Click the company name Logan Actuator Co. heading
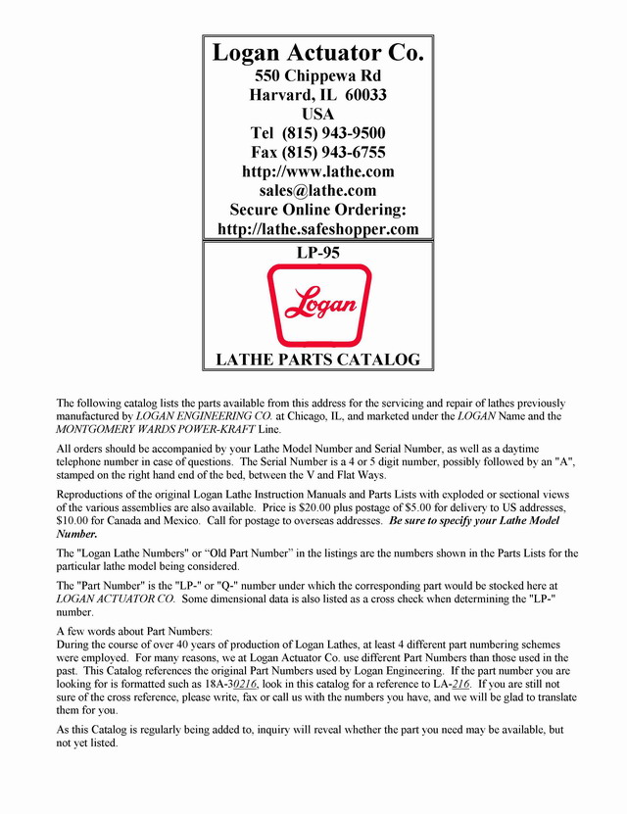tap(317, 53)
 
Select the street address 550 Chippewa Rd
tap(317, 75)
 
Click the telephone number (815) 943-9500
tap(333, 133)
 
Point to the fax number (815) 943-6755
tap(333, 152)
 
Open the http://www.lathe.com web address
tap(317, 171)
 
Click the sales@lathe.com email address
tap(317, 190)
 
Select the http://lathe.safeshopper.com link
tap(317, 229)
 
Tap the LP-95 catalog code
tap(317, 253)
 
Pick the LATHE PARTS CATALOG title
tap(317, 359)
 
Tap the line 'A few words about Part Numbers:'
tap(128, 630)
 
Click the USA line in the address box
tap(317, 114)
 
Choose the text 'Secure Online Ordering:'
tap(317, 210)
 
